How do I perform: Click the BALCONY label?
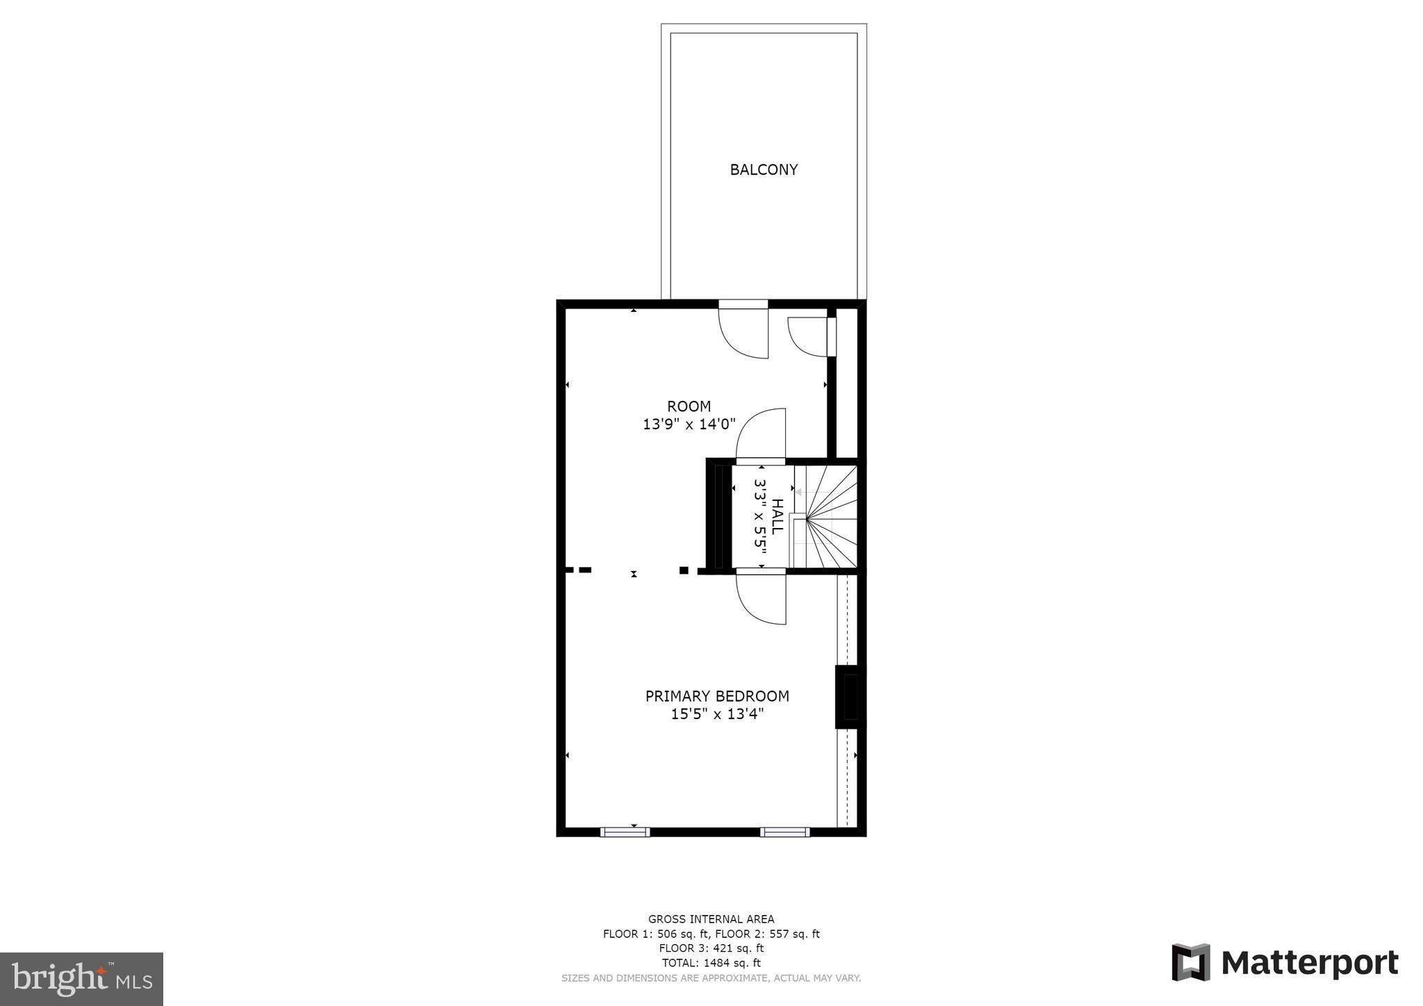point(763,170)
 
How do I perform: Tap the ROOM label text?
point(689,406)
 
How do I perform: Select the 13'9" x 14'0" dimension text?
point(689,424)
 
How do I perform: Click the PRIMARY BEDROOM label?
point(717,696)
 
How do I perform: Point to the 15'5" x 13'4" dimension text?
point(717,714)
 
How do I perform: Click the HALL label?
point(778,516)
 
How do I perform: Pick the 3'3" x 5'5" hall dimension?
point(760,516)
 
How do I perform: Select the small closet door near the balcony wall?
point(810,336)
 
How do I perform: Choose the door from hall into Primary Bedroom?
point(762,597)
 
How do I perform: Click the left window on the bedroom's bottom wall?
point(625,832)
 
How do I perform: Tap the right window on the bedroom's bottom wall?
point(784,832)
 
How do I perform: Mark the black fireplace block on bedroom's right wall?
point(849,697)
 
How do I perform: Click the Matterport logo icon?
point(1191,962)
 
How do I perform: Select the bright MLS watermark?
point(82,979)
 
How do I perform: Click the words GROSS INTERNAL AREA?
point(711,919)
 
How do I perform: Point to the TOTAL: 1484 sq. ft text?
point(711,963)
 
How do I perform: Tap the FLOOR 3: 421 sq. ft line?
point(711,948)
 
